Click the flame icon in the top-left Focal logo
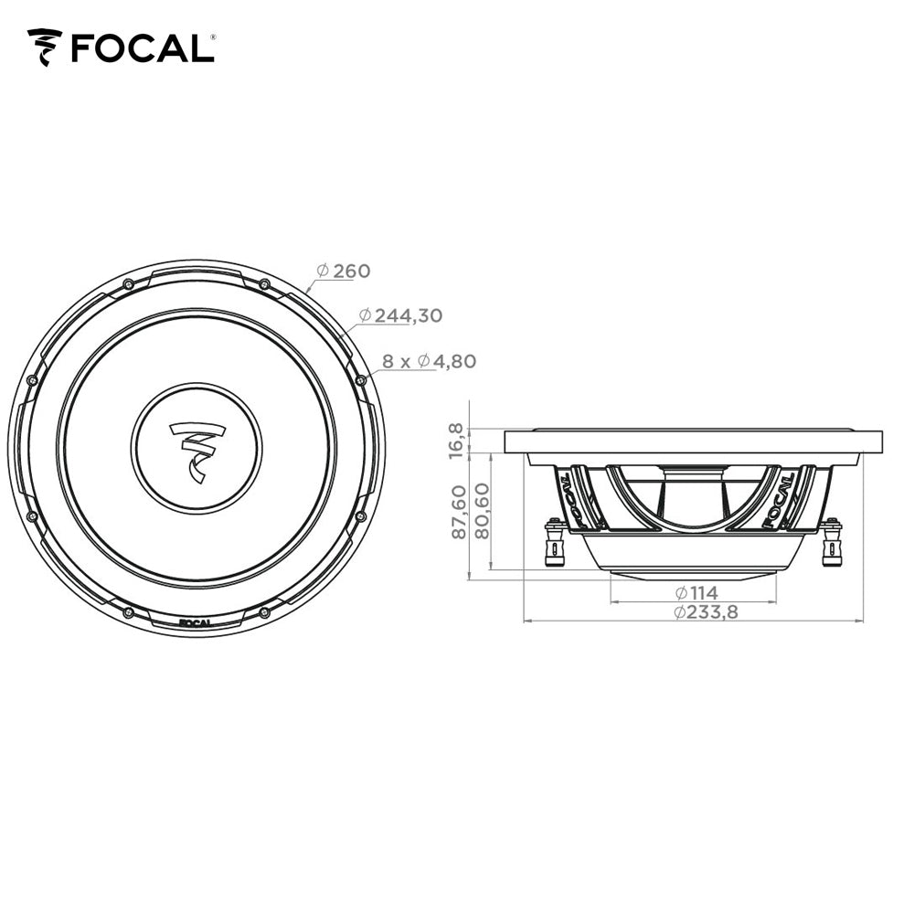click(45, 47)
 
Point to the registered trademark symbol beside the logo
click(213, 37)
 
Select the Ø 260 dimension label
click(344, 271)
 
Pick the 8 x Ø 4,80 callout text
click(429, 361)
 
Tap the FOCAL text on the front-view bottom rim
click(196, 623)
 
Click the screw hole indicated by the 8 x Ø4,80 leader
click(360, 379)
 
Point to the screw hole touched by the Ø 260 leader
click(264, 283)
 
